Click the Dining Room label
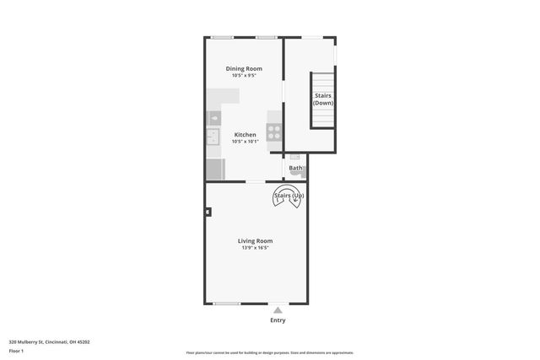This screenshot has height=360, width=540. tap(244, 68)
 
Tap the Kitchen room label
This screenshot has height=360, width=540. tap(245, 135)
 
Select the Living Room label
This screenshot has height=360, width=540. tap(255, 240)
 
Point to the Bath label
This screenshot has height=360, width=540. tap(295, 168)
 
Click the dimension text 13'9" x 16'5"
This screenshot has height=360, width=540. tap(255, 248)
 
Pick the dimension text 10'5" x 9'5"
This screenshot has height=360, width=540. tap(244, 76)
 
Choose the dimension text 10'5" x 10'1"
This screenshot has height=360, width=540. tap(245, 142)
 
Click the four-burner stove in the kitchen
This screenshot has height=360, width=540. tap(274, 132)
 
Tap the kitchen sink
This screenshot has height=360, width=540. tap(213, 136)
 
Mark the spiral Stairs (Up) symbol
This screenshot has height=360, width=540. tap(288, 198)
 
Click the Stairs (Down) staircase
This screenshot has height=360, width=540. tap(323, 100)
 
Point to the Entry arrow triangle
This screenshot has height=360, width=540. tap(278, 310)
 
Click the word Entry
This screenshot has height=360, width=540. tap(278, 320)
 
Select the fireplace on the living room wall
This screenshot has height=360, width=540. tap(208, 212)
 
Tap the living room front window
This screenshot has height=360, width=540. tap(226, 304)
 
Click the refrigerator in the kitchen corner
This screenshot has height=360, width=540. tap(214, 169)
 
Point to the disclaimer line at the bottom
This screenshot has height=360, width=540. tap(270, 352)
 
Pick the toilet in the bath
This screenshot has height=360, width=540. tap(295, 157)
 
